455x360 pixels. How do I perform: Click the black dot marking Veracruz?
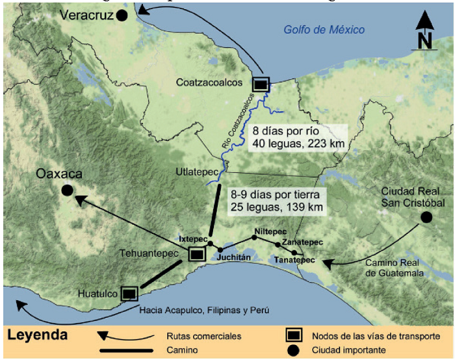[x=122, y=16]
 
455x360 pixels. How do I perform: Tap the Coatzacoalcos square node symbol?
[x=261, y=84]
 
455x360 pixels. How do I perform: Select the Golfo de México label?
[x=324, y=29]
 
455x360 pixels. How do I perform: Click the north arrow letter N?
[x=425, y=42]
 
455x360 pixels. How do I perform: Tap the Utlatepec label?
[x=194, y=172]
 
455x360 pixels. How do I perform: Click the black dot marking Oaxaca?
[x=67, y=190]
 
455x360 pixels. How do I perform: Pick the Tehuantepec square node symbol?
[x=196, y=255]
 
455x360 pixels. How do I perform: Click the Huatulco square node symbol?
[x=129, y=294]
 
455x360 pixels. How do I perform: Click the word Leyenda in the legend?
[x=37, y=335]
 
